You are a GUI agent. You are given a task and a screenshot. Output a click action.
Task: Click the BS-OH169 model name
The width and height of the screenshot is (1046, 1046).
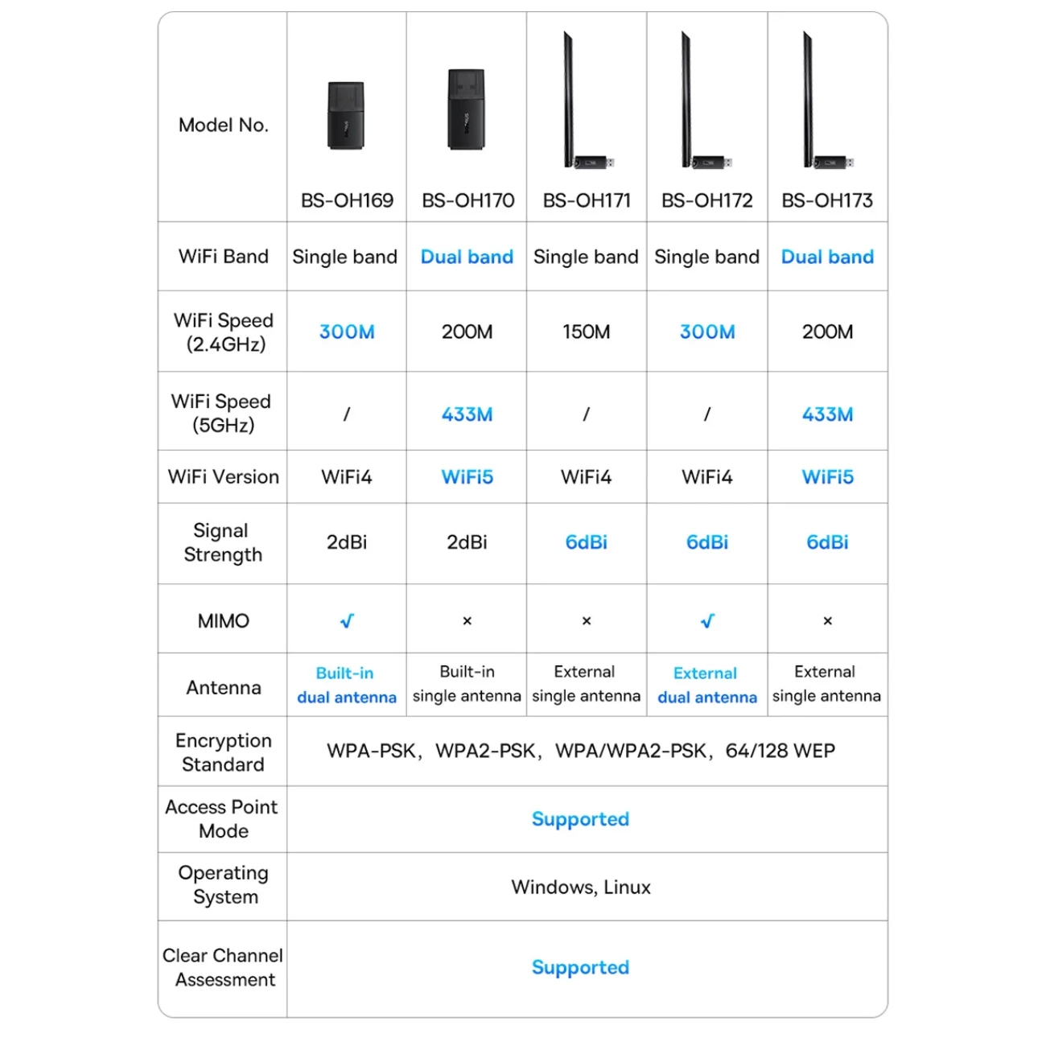click(x=347, y=200)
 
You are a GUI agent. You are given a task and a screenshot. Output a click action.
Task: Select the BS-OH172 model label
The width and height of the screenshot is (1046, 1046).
click(x=706, y=200)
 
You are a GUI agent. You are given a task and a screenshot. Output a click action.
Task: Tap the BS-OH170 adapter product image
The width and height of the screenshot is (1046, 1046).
click(x=467, y=109)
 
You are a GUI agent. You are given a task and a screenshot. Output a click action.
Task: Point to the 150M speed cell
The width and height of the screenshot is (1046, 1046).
click(x=586, y=332)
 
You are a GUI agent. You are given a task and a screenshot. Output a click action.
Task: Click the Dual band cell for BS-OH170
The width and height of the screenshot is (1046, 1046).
click(x=467, y=257)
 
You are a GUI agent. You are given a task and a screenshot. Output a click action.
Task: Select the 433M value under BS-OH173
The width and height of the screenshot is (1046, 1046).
click(x=827, y=414)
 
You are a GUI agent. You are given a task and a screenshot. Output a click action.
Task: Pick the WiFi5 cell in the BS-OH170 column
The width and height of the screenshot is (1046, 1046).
click(x=467, y=477)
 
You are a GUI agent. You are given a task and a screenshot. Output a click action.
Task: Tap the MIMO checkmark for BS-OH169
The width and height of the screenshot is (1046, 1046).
click(x=347, y=621)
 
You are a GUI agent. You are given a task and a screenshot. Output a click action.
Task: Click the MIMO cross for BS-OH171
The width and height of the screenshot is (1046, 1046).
click(x=587, y=621)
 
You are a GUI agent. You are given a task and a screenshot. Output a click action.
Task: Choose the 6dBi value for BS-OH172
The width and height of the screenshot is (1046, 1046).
click(x=706, y=542)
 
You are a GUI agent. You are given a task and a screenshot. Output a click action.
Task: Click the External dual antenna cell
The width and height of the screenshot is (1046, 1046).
click(x=706, y=685)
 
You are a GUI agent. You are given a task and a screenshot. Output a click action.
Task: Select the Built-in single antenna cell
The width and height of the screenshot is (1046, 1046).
click(x=467, y=684)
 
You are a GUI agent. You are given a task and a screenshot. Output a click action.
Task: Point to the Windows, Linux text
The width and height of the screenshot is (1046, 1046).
click(x=581, y=887)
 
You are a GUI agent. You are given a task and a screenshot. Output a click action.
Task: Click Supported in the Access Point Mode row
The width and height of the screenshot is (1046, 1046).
click(x=580, y=819)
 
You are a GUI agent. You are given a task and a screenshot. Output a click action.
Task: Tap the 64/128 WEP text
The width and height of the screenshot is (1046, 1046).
click(x=780, y=751)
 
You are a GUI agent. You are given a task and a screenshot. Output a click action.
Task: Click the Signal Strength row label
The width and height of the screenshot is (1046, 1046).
click(x=223, y=542)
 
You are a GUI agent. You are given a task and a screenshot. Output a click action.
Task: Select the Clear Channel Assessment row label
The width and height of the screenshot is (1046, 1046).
click(x=223, y=967)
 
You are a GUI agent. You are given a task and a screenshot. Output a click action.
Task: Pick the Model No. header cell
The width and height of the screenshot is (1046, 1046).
click(x=223, y=125)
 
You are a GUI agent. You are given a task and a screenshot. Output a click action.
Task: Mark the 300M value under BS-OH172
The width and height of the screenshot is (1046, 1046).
click(x=706, y=332)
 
